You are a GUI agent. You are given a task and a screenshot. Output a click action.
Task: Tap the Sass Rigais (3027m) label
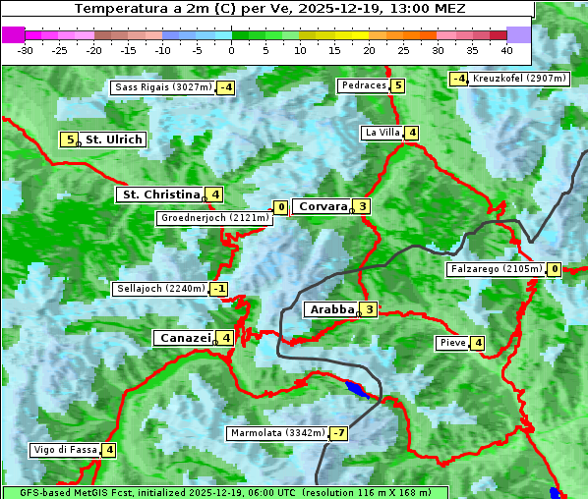163,87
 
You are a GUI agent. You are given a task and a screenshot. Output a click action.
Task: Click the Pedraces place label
363,85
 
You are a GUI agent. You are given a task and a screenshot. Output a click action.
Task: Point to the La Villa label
382,133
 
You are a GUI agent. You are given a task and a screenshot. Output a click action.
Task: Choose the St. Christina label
160,194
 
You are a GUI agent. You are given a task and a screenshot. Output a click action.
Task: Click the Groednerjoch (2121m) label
213,217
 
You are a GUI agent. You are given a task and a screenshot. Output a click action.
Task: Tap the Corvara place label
323,206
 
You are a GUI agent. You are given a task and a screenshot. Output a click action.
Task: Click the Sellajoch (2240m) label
160,289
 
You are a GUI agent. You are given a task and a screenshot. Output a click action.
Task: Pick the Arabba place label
331,309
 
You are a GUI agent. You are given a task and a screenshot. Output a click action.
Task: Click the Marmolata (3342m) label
276,433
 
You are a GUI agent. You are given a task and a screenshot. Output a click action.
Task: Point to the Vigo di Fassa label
66,450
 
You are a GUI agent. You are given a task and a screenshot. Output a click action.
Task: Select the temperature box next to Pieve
477,343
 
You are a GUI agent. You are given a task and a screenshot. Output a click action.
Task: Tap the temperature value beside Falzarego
555,269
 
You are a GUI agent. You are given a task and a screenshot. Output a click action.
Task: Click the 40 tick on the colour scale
506,50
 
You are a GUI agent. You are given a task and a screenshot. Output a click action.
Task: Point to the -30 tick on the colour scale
26,50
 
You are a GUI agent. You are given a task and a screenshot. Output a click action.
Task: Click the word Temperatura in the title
113,9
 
